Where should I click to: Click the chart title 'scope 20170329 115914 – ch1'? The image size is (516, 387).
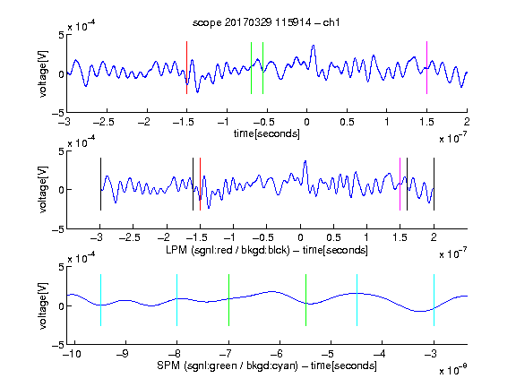pyautogui.click(x=266, y=22)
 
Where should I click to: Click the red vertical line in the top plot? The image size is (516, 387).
pyautogui.click(x=186, y=68)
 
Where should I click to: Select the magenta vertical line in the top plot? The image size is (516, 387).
pyautogui.click(x=426, y=68)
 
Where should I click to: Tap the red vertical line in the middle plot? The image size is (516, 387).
pyautogui.click(x=200, y=184)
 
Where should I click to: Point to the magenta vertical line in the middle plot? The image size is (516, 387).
pyautogui.click(x=400, y=184)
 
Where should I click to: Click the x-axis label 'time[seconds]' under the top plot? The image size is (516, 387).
pyautogui.click(x=267, y=133)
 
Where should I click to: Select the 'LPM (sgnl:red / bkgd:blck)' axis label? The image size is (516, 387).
pyautogui.click(x=228, y=250)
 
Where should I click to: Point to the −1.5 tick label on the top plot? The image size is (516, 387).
pyautogui.click(x=183, y=122)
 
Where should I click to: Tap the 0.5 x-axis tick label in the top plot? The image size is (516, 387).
pyautogui.click(x=347, y=122)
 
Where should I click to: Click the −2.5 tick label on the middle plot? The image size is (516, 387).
pyautogui.click(x=129, y=237)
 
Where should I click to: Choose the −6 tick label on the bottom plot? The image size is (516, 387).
pyautogui.click(x=276, y=354)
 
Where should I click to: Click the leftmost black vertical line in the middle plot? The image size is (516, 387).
pyautogui.click(x=100, y=184)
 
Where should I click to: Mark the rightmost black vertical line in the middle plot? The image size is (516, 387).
pyautogui.click(x=434, y=184)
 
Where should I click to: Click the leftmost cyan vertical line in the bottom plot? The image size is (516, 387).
pyautogui.click(x=100, y=300)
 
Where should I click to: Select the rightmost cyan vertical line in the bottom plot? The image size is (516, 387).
pyautogui.click(x=434, y=300)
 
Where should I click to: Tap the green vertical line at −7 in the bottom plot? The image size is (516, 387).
pyautogui.click(x=228, y=300)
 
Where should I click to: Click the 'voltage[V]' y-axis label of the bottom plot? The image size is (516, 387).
pyautogui.click(x=43, y=305)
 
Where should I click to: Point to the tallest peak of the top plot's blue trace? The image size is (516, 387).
pyautogui.click(x=314, y=46)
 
